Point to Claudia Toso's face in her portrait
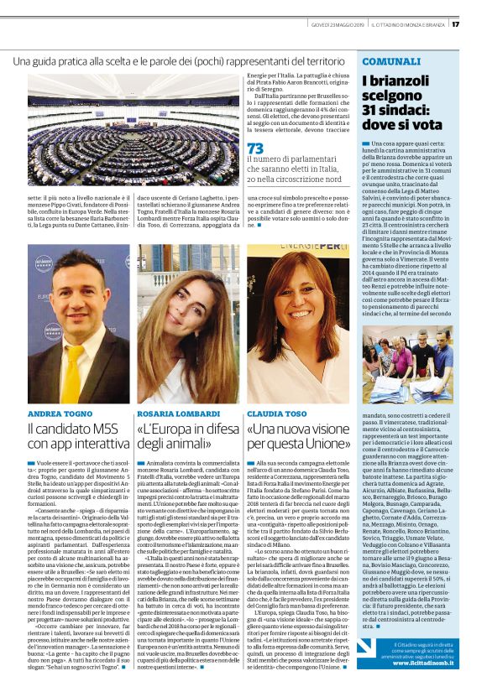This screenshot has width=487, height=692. pyautogui.click(x=294, y=308)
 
